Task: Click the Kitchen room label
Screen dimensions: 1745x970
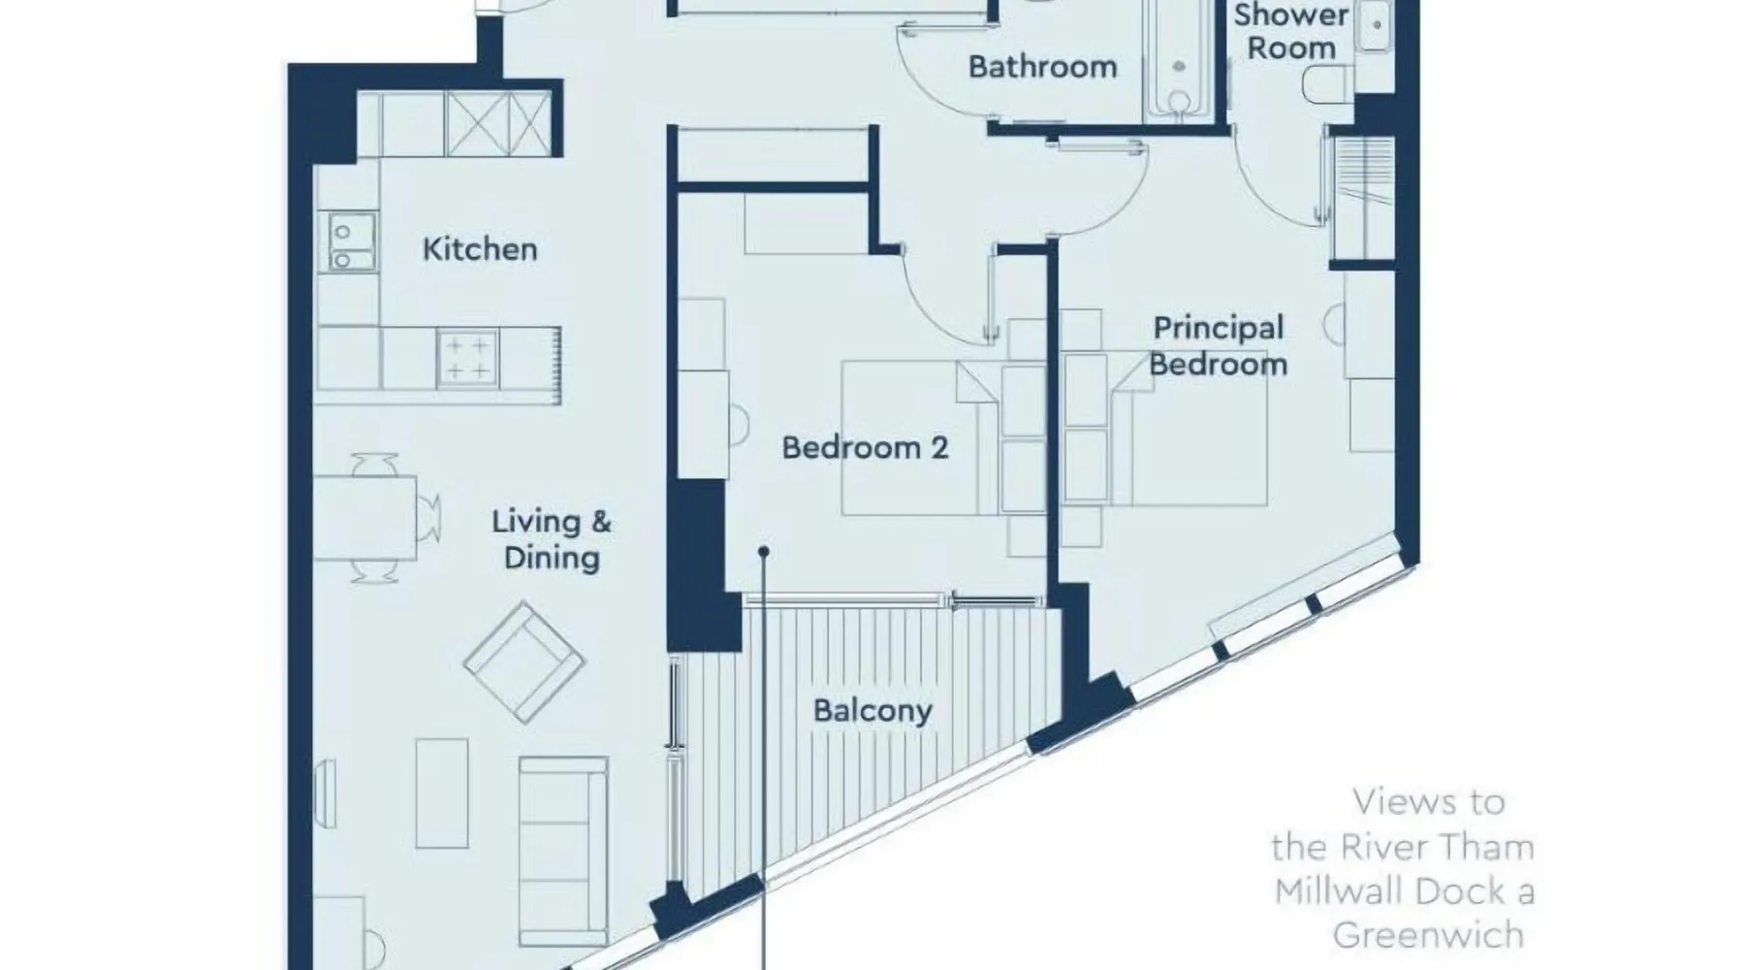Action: (x=480, y=249)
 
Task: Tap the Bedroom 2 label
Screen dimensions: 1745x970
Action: (x=865, y=448)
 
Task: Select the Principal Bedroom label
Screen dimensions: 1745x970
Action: (x=1219, y=346)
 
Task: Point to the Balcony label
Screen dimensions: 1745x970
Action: (x=872, y=711)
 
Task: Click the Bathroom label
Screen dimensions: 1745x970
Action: (x=1043, y=67)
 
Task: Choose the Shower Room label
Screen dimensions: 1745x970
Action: (x=1291, y=31)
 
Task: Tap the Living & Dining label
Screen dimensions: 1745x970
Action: (x=552, y=539)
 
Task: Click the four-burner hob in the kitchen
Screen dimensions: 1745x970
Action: (x=467, y=359)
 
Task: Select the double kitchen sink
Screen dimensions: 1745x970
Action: (x=342, y=242)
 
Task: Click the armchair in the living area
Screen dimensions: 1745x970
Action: (x=524, y=663)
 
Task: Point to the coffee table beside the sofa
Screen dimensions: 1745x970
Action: (x=442, y=792)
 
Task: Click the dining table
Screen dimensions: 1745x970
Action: (x=365, y=518)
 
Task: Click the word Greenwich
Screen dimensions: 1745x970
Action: (x=1428, y=936)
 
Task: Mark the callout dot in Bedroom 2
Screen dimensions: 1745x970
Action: (x=764, y=552)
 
